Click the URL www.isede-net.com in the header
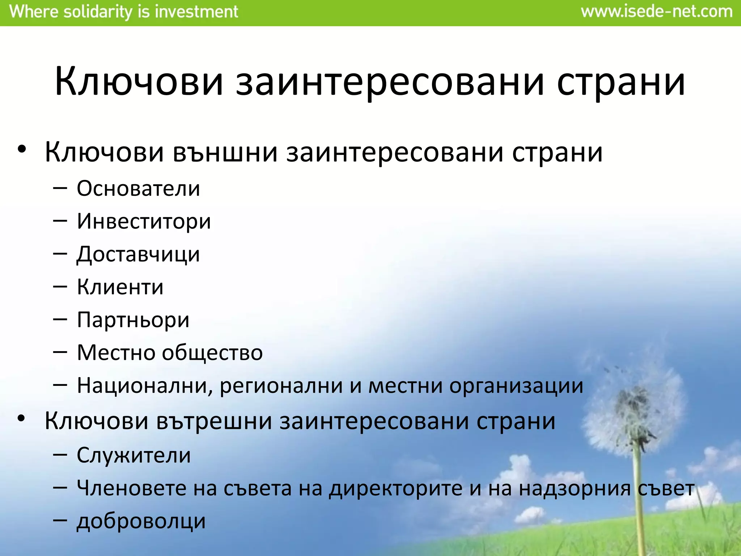click(x=656, y=12)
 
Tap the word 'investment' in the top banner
click(x=196, y=12)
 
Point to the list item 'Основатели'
click(x=138, y=189)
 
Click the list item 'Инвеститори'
click(x=144, y=221)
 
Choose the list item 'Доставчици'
click(x=138, y=254)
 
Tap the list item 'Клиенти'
click(x=120, y=287)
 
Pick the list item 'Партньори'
click(x=133, y=320)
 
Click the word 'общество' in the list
click(x=212, y=353)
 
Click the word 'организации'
click(x=516, y=386)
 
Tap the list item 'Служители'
click(x=134, y=455)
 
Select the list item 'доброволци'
click(x=141, y=521)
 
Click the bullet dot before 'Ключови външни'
click(x=22, y=149)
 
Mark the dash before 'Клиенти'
click(x=60, y=287)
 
